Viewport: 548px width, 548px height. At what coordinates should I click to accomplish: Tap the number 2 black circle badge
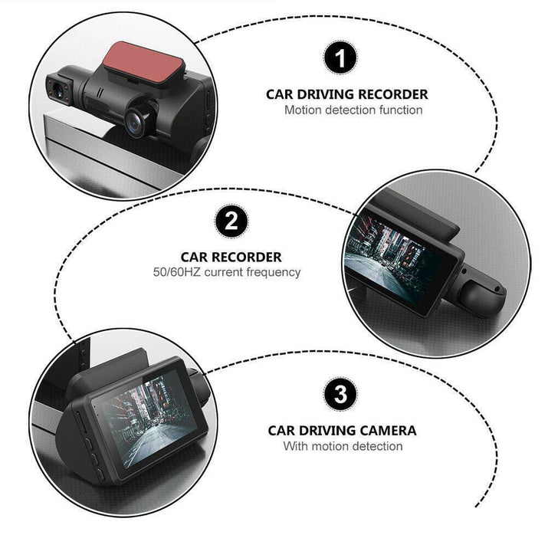[231, 224]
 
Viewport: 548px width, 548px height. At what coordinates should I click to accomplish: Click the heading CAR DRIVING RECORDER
[346, 95]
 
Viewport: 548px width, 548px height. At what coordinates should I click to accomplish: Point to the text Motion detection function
[353, 110]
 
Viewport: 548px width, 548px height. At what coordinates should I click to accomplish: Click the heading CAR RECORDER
[231, 258]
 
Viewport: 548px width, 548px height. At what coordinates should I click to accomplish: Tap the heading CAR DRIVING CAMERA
[342, 431]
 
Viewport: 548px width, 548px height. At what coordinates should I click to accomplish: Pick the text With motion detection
[343, 446]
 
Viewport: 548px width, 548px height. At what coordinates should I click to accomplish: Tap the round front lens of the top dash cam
[139, 118]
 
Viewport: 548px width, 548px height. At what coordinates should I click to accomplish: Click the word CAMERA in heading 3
[386, 431]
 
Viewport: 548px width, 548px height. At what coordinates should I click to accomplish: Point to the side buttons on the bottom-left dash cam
[87, 440]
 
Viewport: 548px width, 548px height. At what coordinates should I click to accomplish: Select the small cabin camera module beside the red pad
[64, 91]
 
